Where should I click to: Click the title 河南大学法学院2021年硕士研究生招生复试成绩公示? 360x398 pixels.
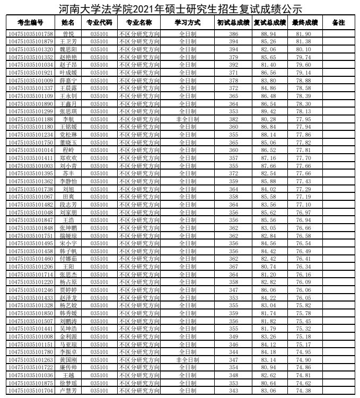pos(180,8)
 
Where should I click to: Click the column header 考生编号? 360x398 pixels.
pos(30,23)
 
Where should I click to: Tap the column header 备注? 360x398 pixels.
pos(338,23)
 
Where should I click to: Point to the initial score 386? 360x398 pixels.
pos(233,34)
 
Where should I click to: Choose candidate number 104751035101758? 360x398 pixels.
pos(30,34)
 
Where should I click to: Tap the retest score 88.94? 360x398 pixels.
pos(269,34)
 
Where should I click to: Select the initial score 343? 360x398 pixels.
pos(233,391)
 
